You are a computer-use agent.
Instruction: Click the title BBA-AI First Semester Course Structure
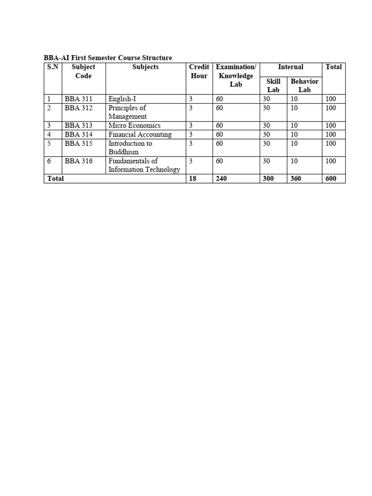[108, 58]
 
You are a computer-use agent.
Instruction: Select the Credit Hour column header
[199, 71]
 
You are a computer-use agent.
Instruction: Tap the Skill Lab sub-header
[273, 86]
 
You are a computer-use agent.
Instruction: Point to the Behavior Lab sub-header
[304, 86]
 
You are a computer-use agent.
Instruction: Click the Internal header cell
[291, 67]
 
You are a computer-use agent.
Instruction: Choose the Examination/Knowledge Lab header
[236, 76]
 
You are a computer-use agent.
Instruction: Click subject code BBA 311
[78, 99]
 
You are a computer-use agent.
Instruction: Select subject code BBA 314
[78, 134]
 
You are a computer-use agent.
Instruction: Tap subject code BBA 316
[78, 161]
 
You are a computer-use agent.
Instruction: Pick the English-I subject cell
[122, 99]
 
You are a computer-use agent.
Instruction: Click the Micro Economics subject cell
[134, 125]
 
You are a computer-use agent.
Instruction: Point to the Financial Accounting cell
[140, 134]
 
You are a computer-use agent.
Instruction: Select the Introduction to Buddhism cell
[130, 147]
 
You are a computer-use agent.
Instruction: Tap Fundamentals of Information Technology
[144, 165]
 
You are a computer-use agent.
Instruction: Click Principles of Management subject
[127, 112]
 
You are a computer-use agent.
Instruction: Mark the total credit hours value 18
[193, 178]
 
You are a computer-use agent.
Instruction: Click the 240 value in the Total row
[221, 178]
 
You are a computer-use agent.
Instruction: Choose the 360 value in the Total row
[295, 178]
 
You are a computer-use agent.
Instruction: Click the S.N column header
[52, 67]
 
